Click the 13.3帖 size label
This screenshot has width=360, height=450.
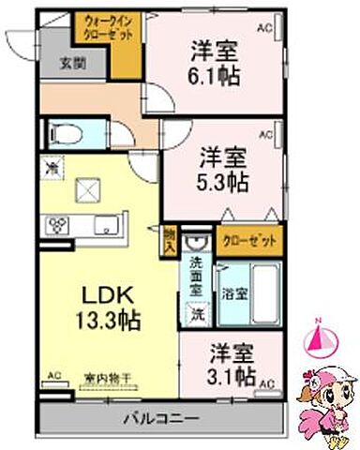click(106, 320)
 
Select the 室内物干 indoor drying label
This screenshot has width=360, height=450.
click(108, 379)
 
